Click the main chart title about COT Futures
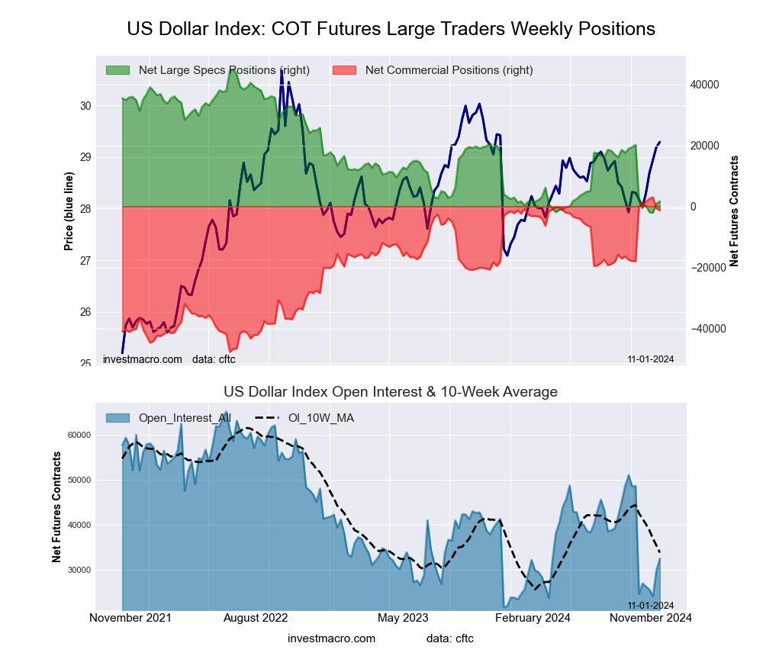tap(391, 29)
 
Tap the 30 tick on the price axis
tap(85, 105)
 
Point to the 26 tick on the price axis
tap(85, 312)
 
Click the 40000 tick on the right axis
tap(705, 85)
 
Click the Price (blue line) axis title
tap(69, 211)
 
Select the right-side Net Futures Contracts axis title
tap(734, 211)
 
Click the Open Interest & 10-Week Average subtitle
tap(391, 392)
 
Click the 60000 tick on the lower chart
tap(79, 435)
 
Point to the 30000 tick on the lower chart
tap(79, 570)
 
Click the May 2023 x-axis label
tap(403, 618)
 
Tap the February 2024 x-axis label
tap(533, 618)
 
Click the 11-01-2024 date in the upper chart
tap(650, 359)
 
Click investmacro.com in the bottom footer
tap(331, 638)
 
